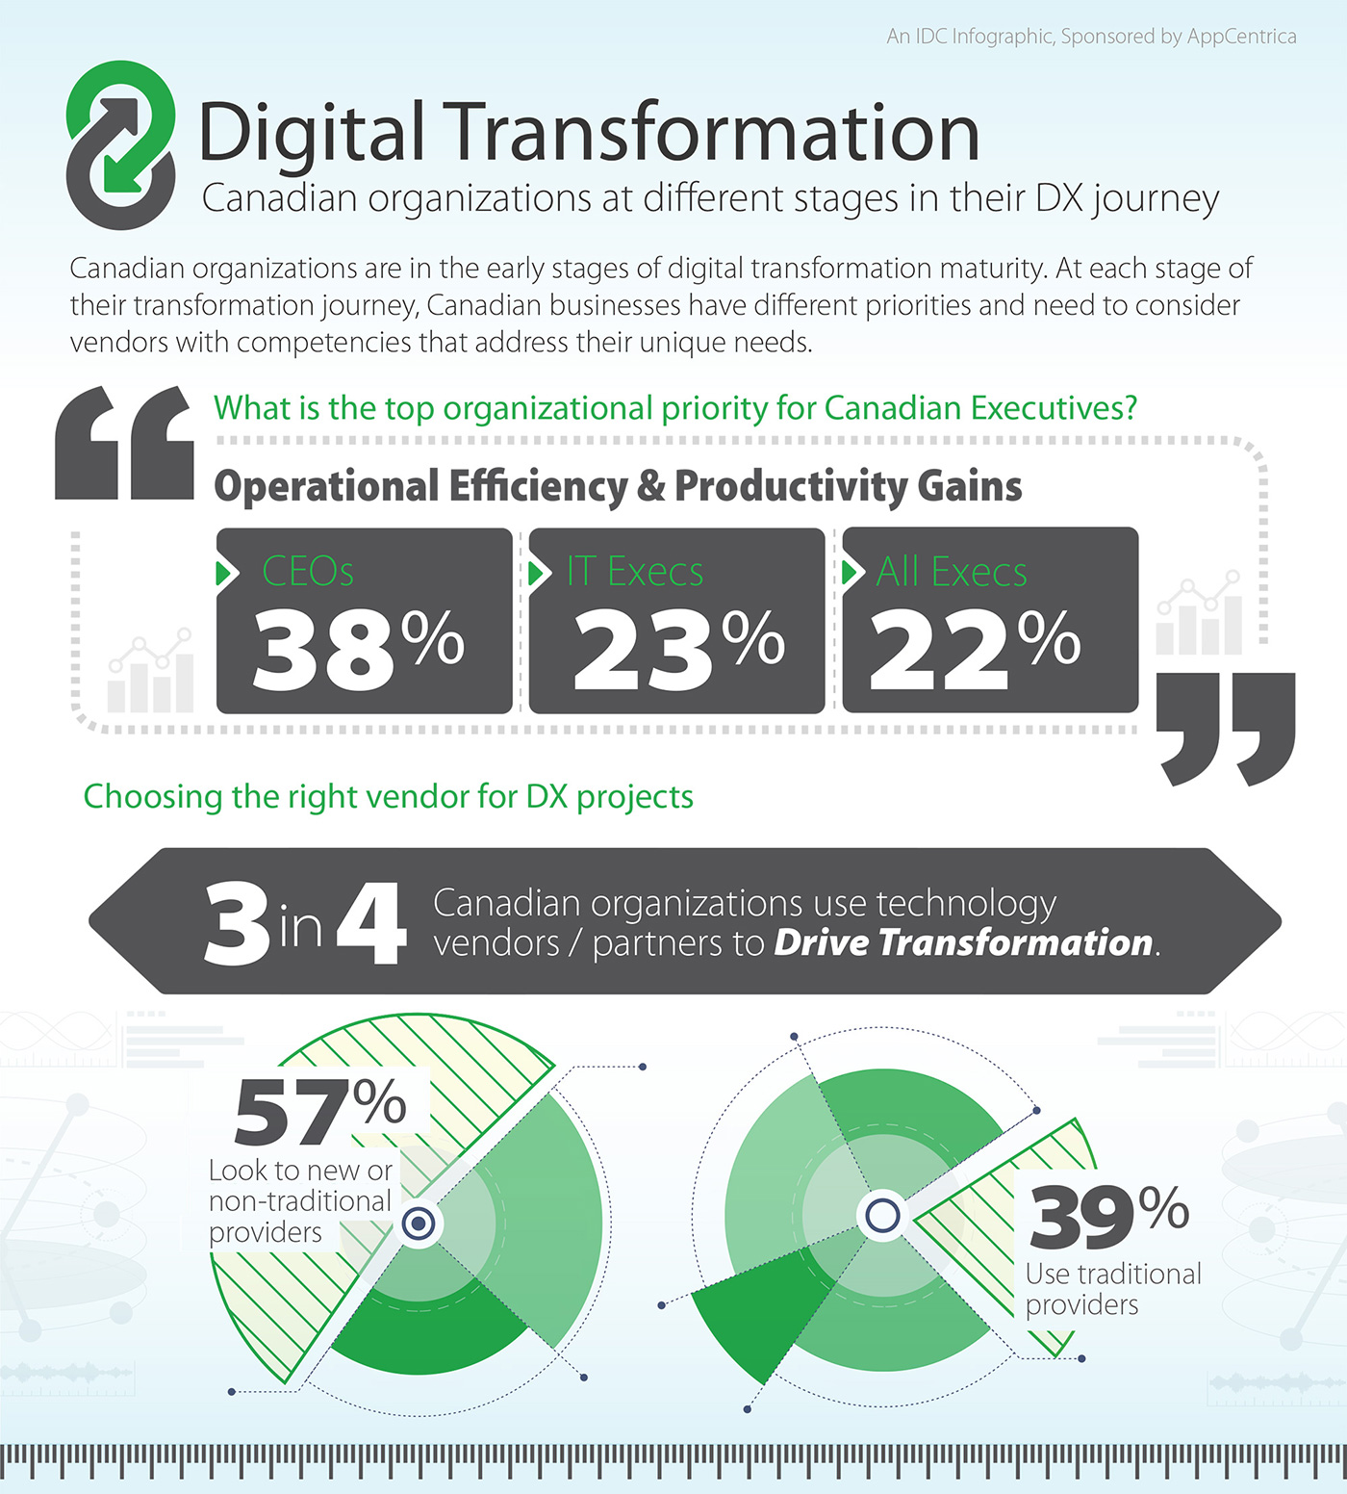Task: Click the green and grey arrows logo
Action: pos(121,144)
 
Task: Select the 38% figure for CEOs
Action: pos(358,648)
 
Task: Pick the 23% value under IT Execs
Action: pos(677,648)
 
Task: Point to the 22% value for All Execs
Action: pos(974,648)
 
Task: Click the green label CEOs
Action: pos(308,572)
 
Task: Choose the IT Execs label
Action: pos(635,572)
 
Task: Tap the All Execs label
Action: pos(952,572)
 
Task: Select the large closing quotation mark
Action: pos(1226,727)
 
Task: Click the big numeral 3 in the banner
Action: pos(237,923)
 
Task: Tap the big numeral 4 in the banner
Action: pos(371,923)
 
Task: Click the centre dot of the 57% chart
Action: pos(419,1224)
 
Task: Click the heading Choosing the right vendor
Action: pos(388,797)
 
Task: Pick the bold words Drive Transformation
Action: pos(963,942)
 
